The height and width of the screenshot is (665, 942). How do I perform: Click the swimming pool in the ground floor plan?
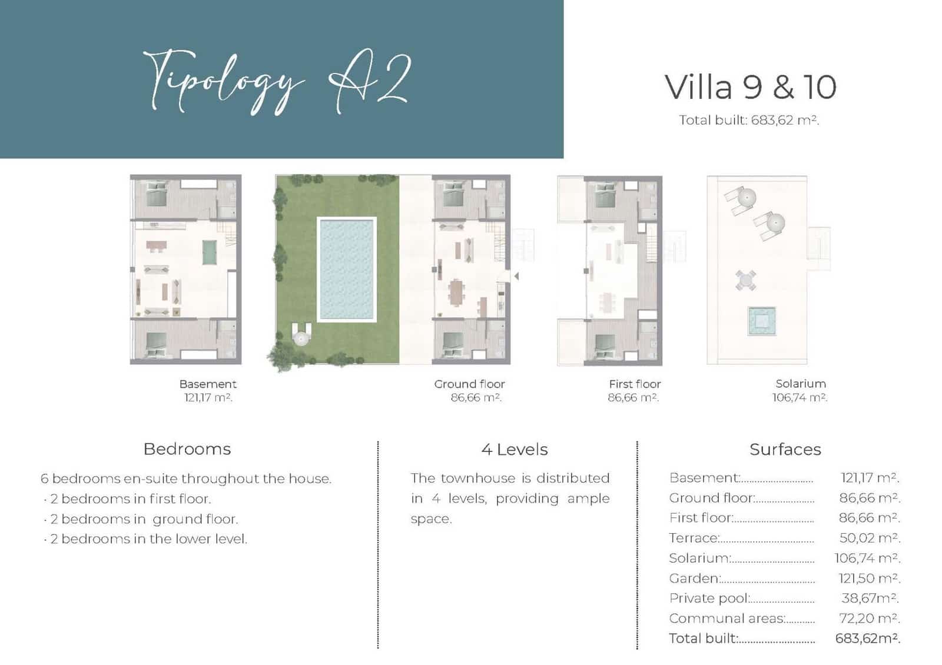(346, 270)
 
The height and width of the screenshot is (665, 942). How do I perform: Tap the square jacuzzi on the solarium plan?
(761, 321)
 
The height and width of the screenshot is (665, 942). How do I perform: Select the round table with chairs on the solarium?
(745, 280)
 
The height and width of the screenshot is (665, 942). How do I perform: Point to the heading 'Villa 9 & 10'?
(750, 87)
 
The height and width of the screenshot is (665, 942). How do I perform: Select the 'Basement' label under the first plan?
(208, 384)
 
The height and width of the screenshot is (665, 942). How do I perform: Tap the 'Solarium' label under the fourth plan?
(800, 384)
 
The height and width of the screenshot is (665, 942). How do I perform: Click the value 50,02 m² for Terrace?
(869, 538)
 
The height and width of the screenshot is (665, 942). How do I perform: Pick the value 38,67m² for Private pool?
(869, 598)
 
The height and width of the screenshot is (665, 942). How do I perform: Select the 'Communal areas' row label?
(727, 619)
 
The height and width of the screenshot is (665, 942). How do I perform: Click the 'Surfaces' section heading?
(785, 450)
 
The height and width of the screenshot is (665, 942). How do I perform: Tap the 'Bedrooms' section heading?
(187, 449)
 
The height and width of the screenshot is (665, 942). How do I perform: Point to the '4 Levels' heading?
(514, 450)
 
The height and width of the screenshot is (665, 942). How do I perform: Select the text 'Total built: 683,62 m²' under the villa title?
(748, 120)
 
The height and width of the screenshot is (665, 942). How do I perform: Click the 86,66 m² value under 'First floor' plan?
(633, 398)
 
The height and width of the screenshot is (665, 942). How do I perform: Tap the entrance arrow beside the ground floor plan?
(516, 275)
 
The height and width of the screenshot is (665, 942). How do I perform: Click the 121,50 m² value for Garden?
(869, 578)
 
